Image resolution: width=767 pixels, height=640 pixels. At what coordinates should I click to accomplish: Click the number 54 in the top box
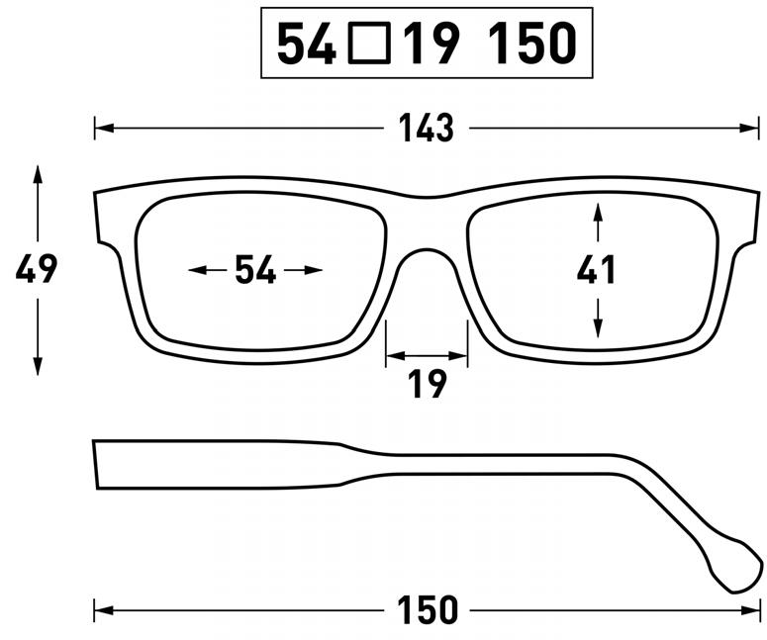308,44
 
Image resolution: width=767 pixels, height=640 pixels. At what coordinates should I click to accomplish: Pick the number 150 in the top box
532,44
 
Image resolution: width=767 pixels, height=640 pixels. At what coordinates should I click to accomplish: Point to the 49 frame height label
37,269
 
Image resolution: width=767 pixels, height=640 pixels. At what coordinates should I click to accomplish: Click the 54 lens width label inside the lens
255,270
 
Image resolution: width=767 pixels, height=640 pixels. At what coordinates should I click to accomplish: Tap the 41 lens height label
597,270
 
